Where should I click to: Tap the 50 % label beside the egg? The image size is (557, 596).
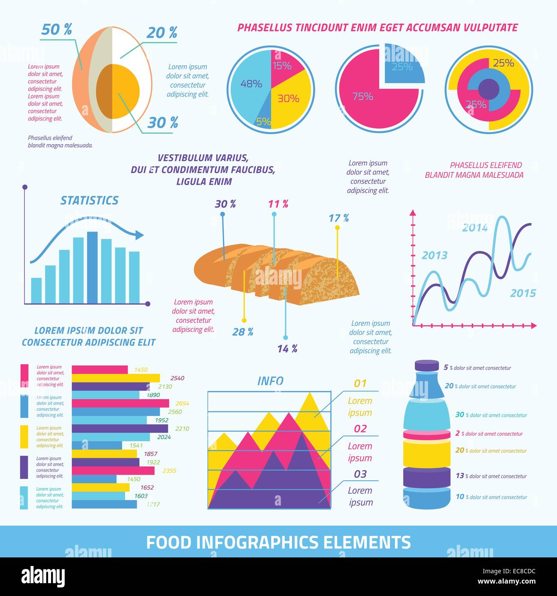tap(57, 30)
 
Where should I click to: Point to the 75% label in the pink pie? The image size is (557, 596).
tap(362, 96)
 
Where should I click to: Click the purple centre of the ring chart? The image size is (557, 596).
tap(488, 89)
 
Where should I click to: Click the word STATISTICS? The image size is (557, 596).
tap(89, 201)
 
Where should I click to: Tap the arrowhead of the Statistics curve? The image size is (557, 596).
tap(139, 235)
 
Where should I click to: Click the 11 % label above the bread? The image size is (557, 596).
tap(278, 204)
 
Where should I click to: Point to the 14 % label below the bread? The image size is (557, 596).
tap(287, 349)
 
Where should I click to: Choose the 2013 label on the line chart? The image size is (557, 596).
tap(434, 256)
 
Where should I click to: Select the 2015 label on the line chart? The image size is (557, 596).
tap(523, 293)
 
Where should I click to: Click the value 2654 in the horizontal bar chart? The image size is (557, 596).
tap(182, 403)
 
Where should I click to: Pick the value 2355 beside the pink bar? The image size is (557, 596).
tap(169, 471)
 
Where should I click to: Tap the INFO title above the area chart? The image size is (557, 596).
tap(270, 381)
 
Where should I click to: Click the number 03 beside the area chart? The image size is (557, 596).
tap(360, 474)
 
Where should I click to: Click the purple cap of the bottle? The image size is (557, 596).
tap(427, 366)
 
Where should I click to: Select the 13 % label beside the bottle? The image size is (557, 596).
tap(460, 476)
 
